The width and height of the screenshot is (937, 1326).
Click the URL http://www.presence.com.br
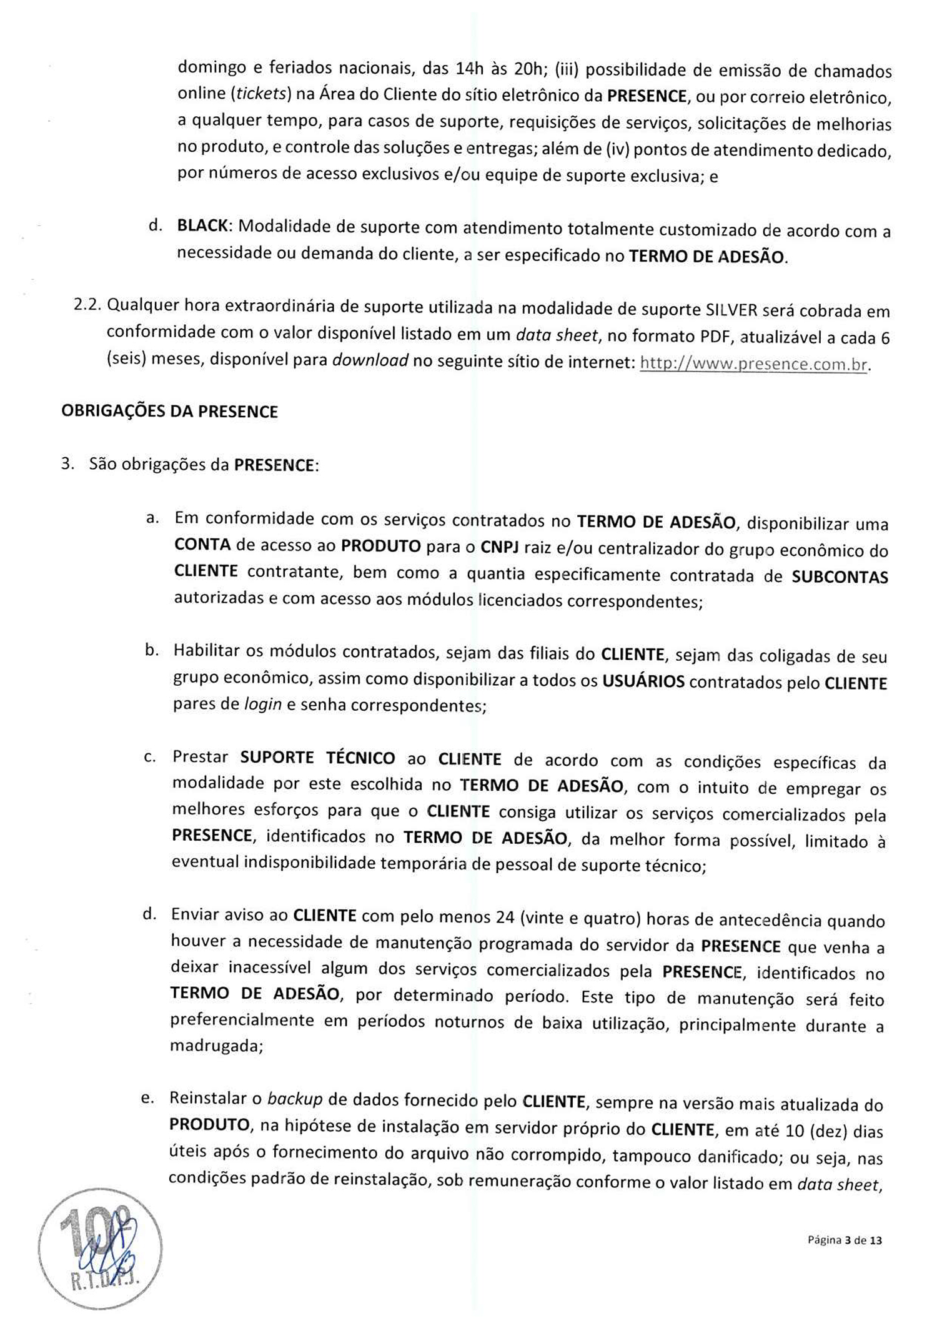pyautogui.click(x=754, y=364)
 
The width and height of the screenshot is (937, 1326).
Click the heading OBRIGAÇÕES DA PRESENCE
pyautogui.click(x=169, y=412)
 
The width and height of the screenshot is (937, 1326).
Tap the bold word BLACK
pyautogui.click(x=202, y=226)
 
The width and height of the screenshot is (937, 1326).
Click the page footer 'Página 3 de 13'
pyautogui.click(x=845, y=1240)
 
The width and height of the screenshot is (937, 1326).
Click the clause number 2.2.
pyautogui.click(x=88, y=305)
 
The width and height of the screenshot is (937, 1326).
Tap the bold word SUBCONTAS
pyautogui.click(x=840, y=576)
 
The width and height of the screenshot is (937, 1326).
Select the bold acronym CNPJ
pyautogui.click(x=500, y=548)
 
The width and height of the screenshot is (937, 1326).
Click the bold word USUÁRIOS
pyautogui.click(x=643, y=681)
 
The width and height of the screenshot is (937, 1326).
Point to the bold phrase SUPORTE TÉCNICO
pyautogui.click(x=317, y=758)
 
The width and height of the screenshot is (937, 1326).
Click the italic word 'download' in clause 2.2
pyautogui.click(x=370, y=361)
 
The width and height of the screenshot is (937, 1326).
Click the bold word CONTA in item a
pyautogui.click(x=202, y=545)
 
